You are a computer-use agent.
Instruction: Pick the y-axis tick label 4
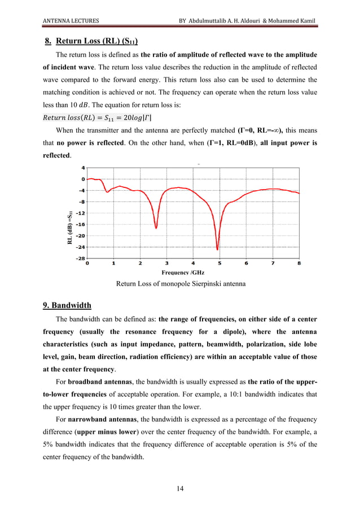82,168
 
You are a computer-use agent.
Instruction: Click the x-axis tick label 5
219,263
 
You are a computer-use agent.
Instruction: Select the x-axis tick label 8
299,263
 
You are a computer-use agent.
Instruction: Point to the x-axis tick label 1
113,263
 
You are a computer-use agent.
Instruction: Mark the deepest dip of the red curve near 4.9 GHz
217,249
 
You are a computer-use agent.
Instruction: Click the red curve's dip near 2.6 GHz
156,228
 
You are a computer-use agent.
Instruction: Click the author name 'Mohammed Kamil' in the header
290,21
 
